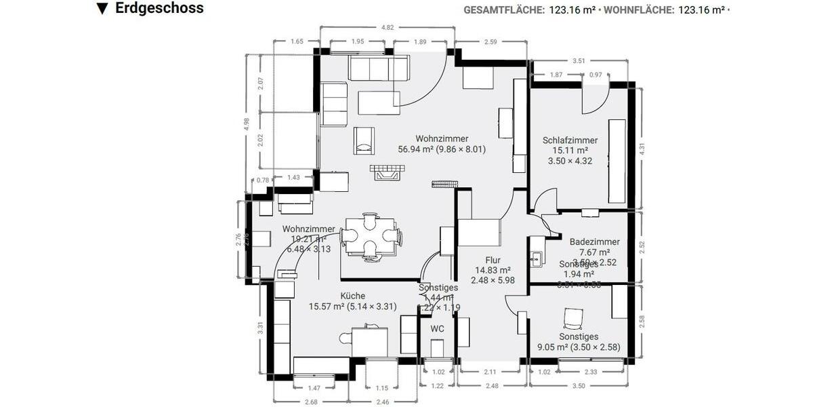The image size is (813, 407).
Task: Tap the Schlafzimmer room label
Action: tap(570, 140)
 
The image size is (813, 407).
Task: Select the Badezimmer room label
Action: tap(594, 241)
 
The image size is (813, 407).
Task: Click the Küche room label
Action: tap(352, 296)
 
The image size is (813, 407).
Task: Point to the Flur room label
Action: tap(493, 260)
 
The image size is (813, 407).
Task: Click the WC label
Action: tap(438, 329)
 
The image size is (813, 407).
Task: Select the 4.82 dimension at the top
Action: tap(388, 28)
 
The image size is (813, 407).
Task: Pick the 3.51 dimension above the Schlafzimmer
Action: tap(579, 61)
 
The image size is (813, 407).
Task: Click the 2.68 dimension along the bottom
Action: tap(312, 402)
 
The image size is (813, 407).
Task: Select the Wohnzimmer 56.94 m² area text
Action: tap(442, 149)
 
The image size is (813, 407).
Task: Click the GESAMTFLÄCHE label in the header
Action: tap(503, 9)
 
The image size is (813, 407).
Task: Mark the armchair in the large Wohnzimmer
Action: tap(364, 140)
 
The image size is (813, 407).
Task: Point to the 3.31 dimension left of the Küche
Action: tap(260, 328)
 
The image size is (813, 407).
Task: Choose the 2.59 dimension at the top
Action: tap(491, 42)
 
